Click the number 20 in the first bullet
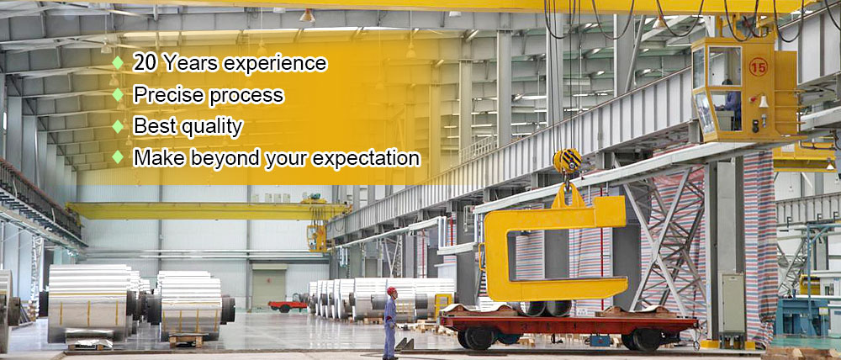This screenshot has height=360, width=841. coord(145,63)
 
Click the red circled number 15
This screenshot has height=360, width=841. coord(759,66)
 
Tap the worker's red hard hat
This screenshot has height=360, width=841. coord(392,291)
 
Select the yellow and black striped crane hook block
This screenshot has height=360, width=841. coord(567,161)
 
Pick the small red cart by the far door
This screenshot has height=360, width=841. coord(288,306)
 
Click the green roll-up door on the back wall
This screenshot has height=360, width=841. coord(269,287)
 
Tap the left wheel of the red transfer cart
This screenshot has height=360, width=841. coord(472,338)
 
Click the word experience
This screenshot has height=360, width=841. coord(275,64)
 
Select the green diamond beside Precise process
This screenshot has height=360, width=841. coord(118,94)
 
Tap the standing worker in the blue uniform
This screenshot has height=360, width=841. coord(390,323)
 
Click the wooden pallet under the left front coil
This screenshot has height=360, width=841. coord(186,340)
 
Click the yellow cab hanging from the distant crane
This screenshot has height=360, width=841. coord(316,238)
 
